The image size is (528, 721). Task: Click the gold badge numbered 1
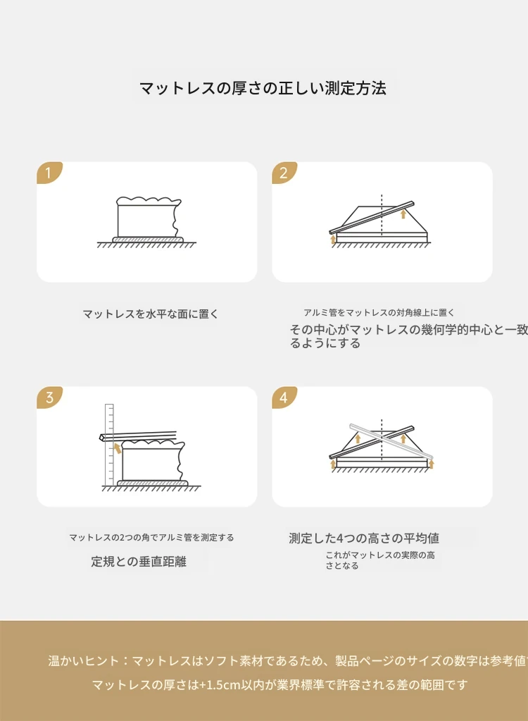[x=49, y=173]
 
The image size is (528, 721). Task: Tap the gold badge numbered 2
[x=284, y=173]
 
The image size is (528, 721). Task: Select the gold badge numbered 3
[x=49, y=398]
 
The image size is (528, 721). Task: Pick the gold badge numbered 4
[x=284, y=398]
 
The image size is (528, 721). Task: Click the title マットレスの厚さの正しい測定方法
[x=263, y=88]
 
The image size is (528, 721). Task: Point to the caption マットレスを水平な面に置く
[x=150, y=314]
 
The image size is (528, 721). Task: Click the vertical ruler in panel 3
[x=109, y=445]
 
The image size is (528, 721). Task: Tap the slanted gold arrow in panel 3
[x=118, y=448]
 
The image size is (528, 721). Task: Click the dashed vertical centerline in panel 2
[x=382, y=214]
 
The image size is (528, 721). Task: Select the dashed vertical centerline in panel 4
[x=382, y=439]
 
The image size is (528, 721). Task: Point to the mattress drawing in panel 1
[x=147, y=220]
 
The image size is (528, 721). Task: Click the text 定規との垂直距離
[x=139, y=562]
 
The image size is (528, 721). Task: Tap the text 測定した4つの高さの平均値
[x=364, y=538]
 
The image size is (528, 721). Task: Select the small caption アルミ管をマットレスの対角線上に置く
[x=379, y=313]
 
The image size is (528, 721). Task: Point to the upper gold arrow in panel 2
[x=403, y=214]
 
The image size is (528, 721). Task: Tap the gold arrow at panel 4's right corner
[x=431, y=463]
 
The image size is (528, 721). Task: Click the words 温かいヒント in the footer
[x=80, y=661]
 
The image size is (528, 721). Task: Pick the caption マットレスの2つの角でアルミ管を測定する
[x=151, y=538]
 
